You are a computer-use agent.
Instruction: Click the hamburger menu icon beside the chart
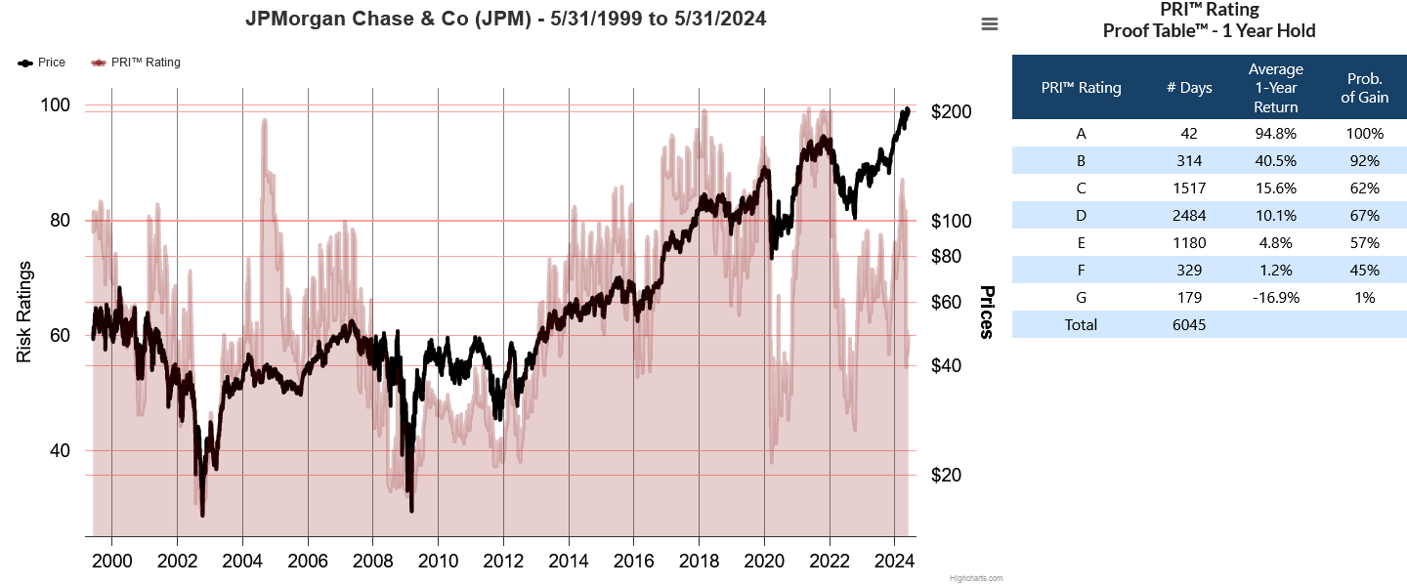[990, 24]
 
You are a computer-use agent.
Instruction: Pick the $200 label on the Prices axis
[952, 111]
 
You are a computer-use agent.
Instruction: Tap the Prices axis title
[987, 313]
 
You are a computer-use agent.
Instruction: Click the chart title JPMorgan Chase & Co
[505, 19]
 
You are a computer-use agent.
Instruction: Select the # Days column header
[1189, 88]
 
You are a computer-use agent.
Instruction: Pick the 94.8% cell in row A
[1275, 134]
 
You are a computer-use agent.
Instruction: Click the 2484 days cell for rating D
[1189, 216]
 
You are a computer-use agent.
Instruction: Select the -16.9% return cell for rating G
[1275, 298]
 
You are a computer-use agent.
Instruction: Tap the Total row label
[1081, 325]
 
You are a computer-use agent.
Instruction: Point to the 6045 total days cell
[1189, 325]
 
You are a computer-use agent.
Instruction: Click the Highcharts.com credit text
[975, 578]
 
